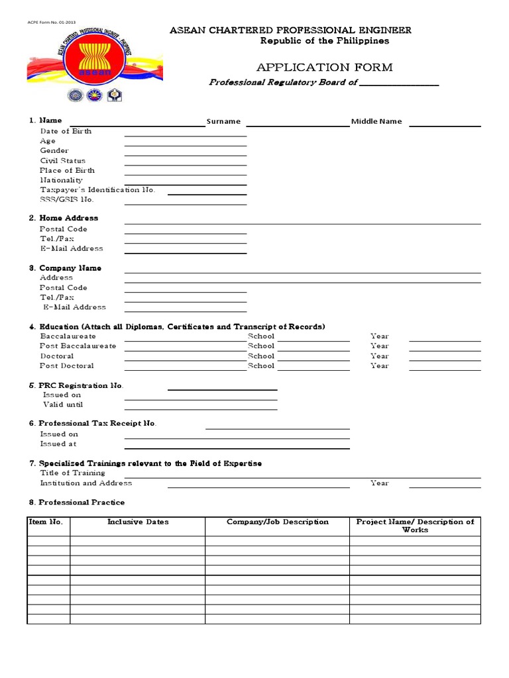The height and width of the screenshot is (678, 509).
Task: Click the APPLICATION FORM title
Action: (x=324, y=68)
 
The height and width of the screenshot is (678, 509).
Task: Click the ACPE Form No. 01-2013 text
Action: (x=51, y=22)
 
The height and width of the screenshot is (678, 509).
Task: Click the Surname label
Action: (x=223, y=122)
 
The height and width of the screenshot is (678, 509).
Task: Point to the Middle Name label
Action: (x=376, y=122)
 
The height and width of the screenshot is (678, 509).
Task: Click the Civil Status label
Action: (x=62, y=161)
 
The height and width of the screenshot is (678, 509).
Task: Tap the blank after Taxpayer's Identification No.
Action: (x=207, y=193)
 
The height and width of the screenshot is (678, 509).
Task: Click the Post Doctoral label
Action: (x=66, y=365)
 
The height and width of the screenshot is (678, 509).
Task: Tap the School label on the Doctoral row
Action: (x=261, y=356)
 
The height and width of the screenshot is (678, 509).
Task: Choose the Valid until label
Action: (x=63, y=405)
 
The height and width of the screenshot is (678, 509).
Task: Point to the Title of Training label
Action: (x=72, y=473)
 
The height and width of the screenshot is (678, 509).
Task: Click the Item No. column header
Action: (x=46, y=522)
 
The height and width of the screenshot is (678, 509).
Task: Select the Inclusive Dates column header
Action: (x=138, y=522)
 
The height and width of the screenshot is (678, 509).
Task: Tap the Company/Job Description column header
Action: (x=278, y=522)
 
